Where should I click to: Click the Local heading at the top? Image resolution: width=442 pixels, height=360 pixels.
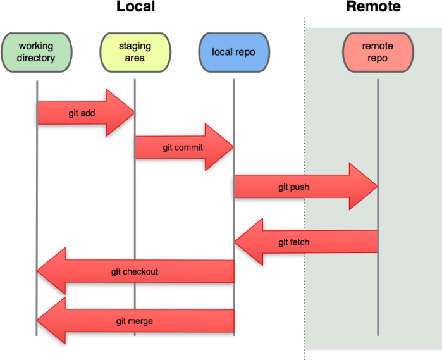click(135, 8)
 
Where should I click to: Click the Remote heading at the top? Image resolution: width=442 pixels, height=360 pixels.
click(373, 8)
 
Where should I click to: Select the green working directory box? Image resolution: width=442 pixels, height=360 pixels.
click(37, 52)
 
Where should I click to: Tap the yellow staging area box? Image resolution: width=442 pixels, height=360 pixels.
click(135, 52)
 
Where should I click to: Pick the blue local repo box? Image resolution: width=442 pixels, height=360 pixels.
click(233, 52)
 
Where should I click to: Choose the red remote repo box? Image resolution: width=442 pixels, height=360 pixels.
click(378, 52)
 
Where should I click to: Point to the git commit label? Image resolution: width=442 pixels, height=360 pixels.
click(183, 147)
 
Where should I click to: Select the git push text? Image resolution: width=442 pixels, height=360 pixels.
click(293, 187)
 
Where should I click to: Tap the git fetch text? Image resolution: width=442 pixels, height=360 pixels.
click(293, 242)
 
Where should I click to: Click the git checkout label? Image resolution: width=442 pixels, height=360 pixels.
click(134, 272)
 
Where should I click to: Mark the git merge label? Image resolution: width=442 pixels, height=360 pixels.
click(134, 321)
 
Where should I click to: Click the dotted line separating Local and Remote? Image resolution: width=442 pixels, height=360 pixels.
click(304, 190)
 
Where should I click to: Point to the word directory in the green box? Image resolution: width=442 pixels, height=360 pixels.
click(37, 58)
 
